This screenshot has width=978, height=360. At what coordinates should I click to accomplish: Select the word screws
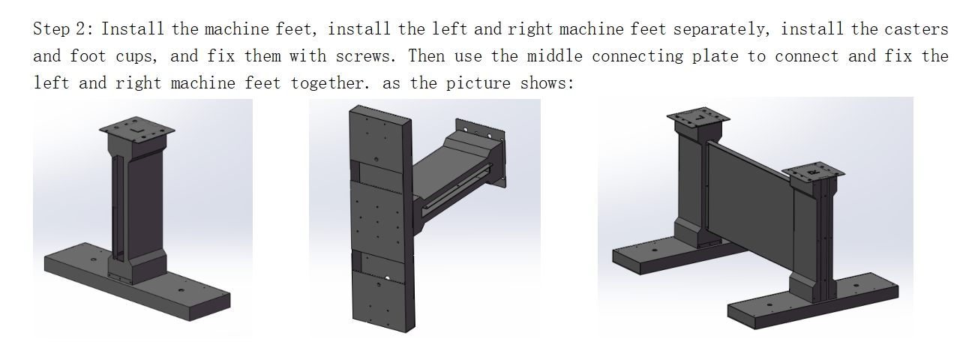[366, 56]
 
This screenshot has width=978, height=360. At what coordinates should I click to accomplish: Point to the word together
[331, 83]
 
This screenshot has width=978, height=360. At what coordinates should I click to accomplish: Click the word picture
[478, 83]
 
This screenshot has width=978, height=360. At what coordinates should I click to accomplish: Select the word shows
[547, 82]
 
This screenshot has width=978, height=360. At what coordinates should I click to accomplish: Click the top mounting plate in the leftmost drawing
[136, 129]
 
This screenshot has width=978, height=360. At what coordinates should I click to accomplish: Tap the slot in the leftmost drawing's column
[117, 207]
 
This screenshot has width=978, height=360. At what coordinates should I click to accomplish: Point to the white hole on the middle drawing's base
[387, 277]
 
